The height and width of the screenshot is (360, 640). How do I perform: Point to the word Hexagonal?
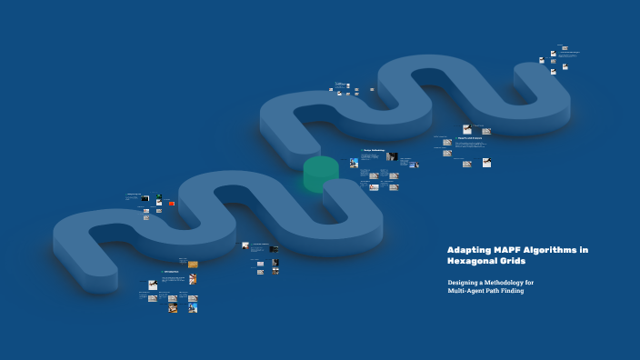[x=473, y=261]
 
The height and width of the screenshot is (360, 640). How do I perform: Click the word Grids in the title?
[x=515, y=261]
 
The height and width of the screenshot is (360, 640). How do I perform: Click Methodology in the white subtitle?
[x=505, y=283]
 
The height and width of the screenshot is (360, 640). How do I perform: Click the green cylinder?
[x=320, y=173]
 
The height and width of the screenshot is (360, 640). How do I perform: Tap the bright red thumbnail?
[x=171, y=203]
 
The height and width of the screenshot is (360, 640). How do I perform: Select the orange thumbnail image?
[x=193, y=265]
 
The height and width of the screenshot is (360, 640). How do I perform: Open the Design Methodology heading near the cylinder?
[x=374, y=151]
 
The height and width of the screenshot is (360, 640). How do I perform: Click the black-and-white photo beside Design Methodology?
[x=392, y=156]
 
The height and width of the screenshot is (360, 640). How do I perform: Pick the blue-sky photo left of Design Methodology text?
[x=355, y=163]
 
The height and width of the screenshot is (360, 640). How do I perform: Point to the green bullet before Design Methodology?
[x=361, y=151]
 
